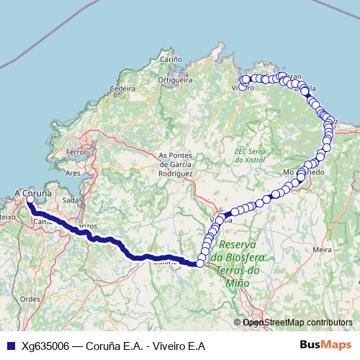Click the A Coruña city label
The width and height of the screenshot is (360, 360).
coord(33,193)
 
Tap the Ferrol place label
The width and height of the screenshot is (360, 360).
coord(76,153)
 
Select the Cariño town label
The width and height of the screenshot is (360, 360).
coord(170,59)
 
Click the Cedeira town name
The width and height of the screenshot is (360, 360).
coord(122,89)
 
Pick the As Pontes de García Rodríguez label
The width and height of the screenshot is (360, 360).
coord(176,164)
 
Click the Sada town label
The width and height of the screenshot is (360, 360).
coord(70,200)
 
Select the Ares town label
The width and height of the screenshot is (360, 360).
coord(73,174)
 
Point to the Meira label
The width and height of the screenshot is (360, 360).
coord(322,248)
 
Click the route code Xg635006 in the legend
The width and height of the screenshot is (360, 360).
coord(45,346)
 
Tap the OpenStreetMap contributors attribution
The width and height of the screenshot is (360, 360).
coord(296,323)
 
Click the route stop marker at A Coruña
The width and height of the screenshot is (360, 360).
coord(30,200)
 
